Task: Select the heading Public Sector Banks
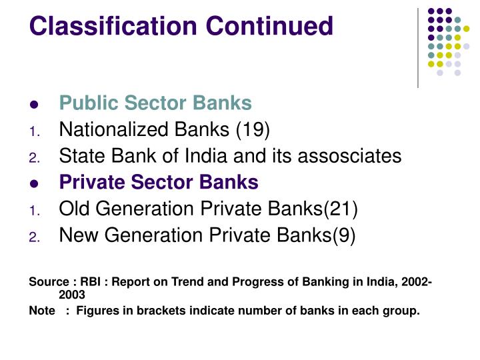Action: point(155,103)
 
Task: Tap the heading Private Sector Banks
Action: point(159,183)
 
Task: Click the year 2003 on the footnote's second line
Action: point(72,294)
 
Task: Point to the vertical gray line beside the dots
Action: point(418,47)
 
